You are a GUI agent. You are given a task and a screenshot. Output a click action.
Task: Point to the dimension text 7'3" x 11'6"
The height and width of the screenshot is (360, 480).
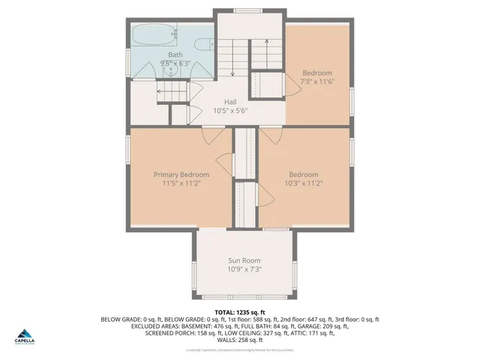(x=317, y=82)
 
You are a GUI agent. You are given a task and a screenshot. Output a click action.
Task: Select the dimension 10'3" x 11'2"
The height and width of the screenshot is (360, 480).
(x=304, y=183)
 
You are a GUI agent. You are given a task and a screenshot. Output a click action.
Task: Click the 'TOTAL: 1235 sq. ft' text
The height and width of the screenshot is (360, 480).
(x=240, y=311)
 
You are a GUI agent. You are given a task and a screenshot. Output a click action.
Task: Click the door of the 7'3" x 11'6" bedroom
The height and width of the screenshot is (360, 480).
(x=291, y=83)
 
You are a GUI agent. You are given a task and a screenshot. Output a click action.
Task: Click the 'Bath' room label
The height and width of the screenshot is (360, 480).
(x=175, y=55)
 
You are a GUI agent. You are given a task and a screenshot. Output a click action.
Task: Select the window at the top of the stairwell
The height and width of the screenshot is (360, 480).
(x=244, y=10)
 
